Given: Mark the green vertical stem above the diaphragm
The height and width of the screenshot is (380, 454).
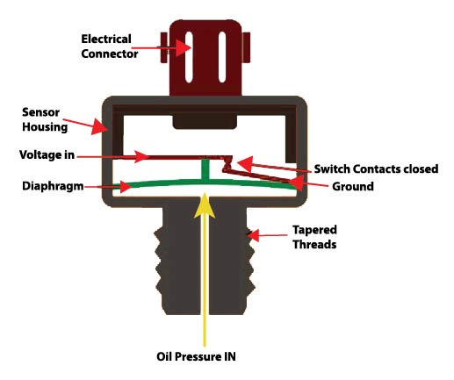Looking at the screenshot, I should (205, 172).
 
